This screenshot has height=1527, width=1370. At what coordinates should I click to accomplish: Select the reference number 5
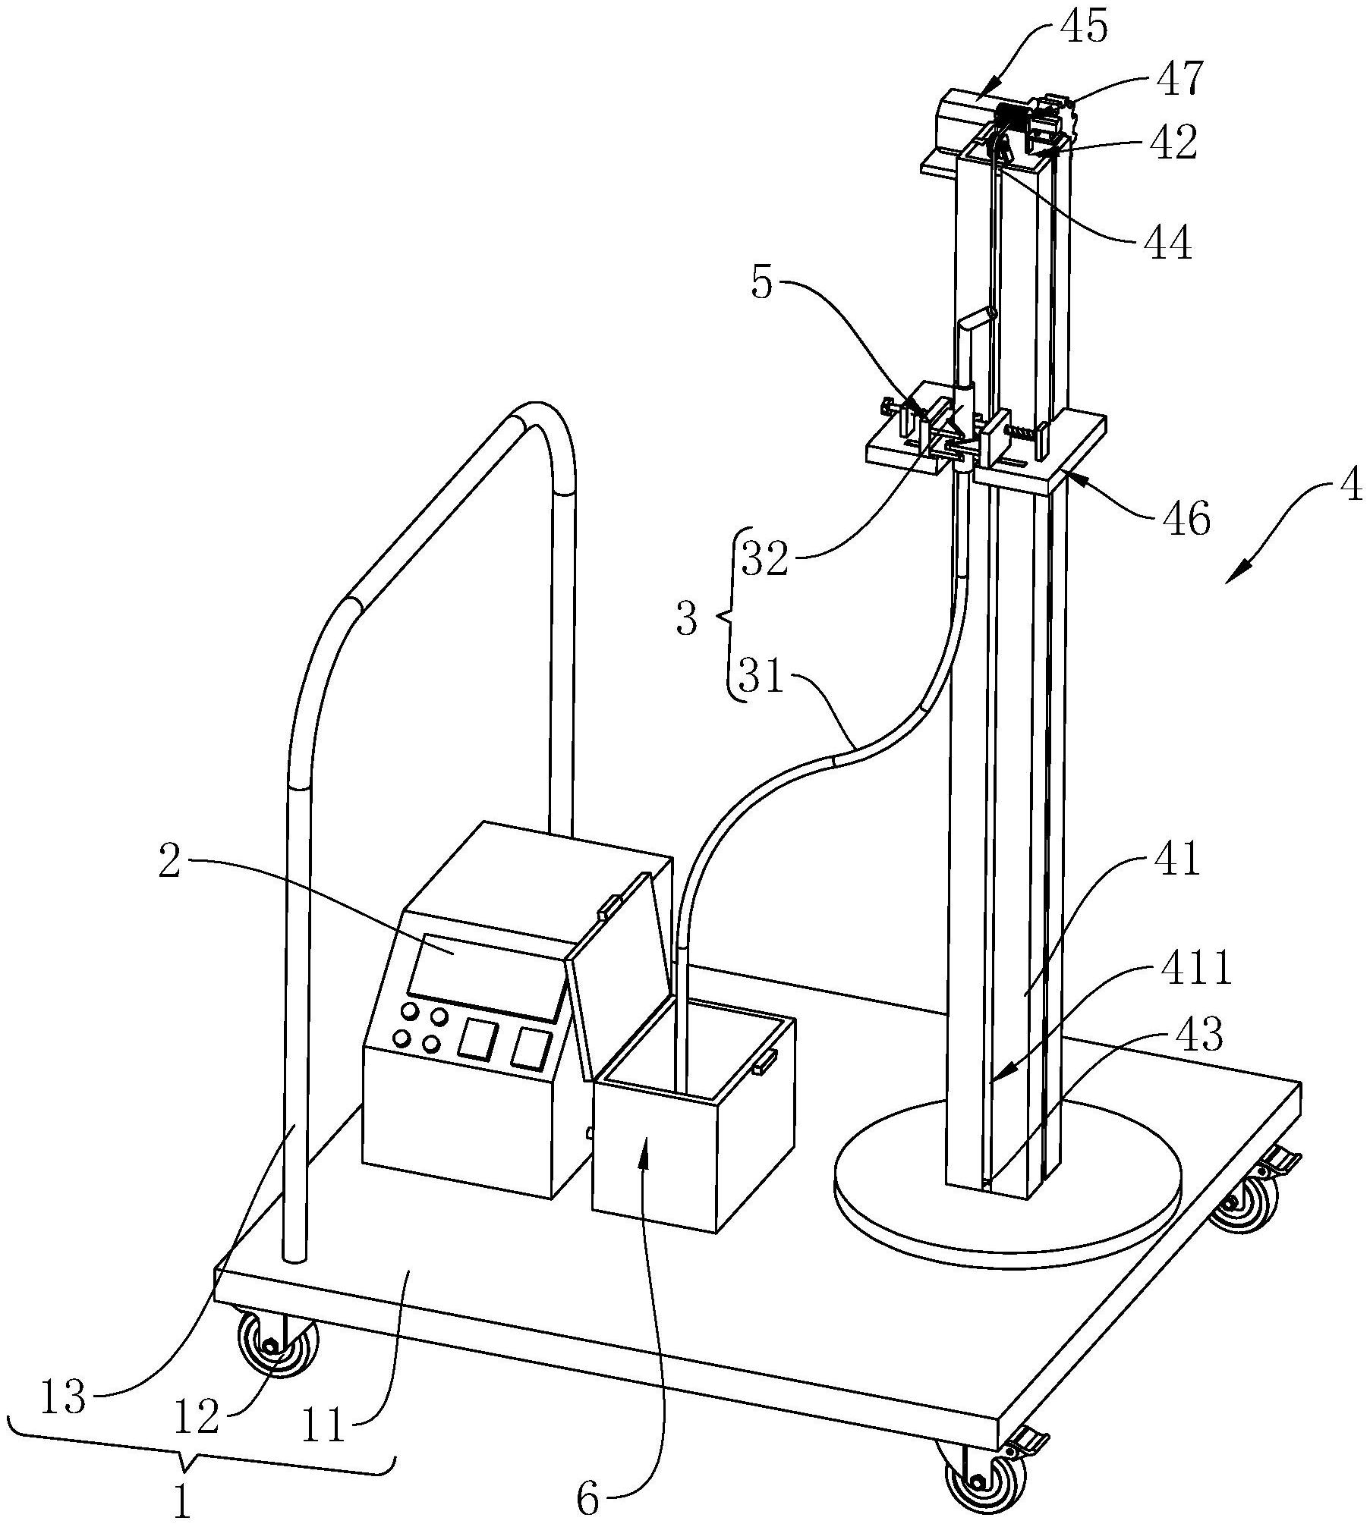763,284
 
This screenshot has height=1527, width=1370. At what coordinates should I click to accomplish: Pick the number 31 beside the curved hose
762,677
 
